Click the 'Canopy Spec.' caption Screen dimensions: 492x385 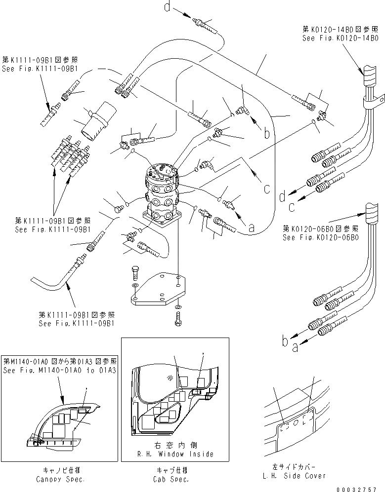(60, 479)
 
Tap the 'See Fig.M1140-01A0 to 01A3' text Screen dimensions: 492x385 (60, 370)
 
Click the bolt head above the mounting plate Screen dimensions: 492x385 (136, 269)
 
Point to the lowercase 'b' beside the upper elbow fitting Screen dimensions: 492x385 (266, 120)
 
